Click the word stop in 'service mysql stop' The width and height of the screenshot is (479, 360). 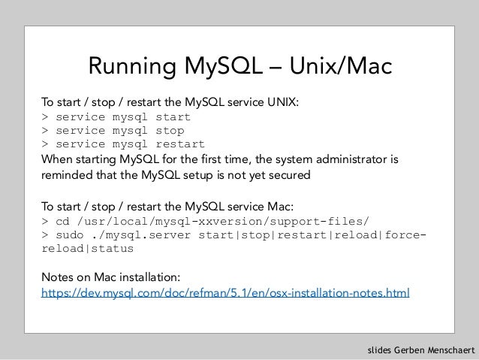(169, 130)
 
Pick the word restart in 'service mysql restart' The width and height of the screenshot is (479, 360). (179, 144)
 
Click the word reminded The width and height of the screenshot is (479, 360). (68, 176)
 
